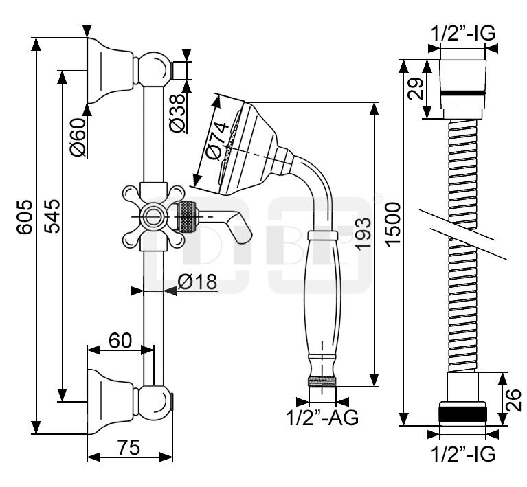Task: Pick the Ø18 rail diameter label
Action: [197, 282]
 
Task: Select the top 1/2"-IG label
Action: [462, 32]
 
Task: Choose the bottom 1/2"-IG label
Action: [462, 453]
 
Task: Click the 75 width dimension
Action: [130, 447]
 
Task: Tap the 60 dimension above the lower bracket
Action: [121, 339]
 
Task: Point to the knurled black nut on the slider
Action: [186, 217]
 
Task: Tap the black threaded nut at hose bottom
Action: [462, 414]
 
